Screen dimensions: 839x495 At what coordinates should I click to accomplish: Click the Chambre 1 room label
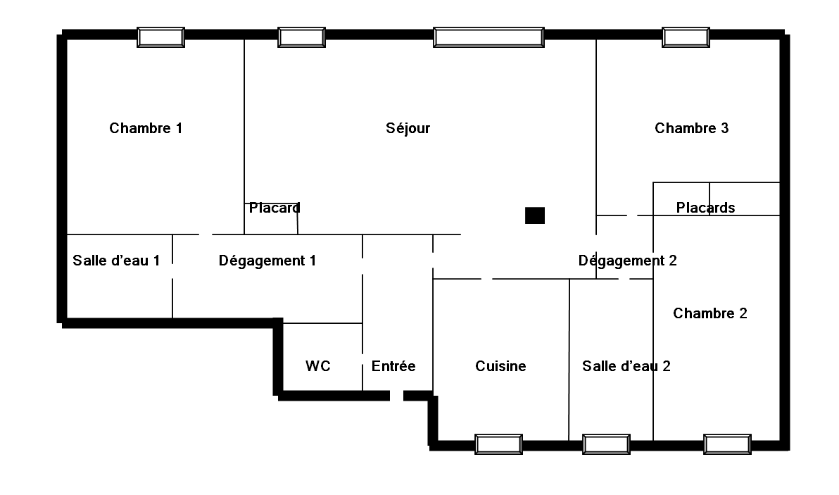pyautogui.click(x=146, y=128)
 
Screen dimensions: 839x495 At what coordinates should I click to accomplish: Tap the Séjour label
pyautogui.click(x=408, y=128)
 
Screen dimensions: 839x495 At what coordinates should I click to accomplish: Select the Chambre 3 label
pyautogui.click(x=691, y=128)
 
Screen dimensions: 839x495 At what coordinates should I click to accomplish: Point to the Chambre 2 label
pyautogui.click(x=710, y=313)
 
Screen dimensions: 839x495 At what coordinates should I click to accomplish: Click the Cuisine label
pyautogui.click(x=501, y=366)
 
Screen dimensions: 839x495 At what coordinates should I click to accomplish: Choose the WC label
pyautogui.click(x=318, y=366)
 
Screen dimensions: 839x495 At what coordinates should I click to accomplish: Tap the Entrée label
pyautogui.click(x=393, y=366)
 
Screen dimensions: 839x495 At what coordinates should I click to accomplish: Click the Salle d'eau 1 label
pyautogui.click(x=116, y=261)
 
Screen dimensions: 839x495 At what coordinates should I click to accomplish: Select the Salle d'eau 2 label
pyautogui.click(x=626, y=366)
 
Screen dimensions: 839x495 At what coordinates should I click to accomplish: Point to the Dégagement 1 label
pyautogui.click(x=267, y=261)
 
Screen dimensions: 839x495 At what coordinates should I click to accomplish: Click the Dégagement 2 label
pyautogui.click(x=628, y=261)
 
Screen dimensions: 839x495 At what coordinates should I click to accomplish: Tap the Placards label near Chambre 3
pyautogui.click(x=705, y=208)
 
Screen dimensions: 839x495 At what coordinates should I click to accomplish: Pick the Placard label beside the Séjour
pyautogui.click(x=275, y=208)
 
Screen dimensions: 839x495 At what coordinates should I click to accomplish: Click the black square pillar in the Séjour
pyautogui.click(x=534, y=215)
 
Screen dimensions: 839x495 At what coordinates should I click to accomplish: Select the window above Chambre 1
pyautogui.click(x=160, y=37)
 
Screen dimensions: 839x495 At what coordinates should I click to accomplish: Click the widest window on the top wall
pyautogui.click(x=488, y=37)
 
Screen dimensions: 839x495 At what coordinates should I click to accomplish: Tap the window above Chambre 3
pyautogui.click(x=686, y=37)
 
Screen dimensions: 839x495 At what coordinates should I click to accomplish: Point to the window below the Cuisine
pyautogui.click(x=499, y=445)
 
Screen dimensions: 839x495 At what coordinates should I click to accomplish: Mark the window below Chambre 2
pyautogui.click(x=727, y=445)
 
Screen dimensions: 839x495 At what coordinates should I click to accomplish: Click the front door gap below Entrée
pyautogui.click(x=396, y=396)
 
